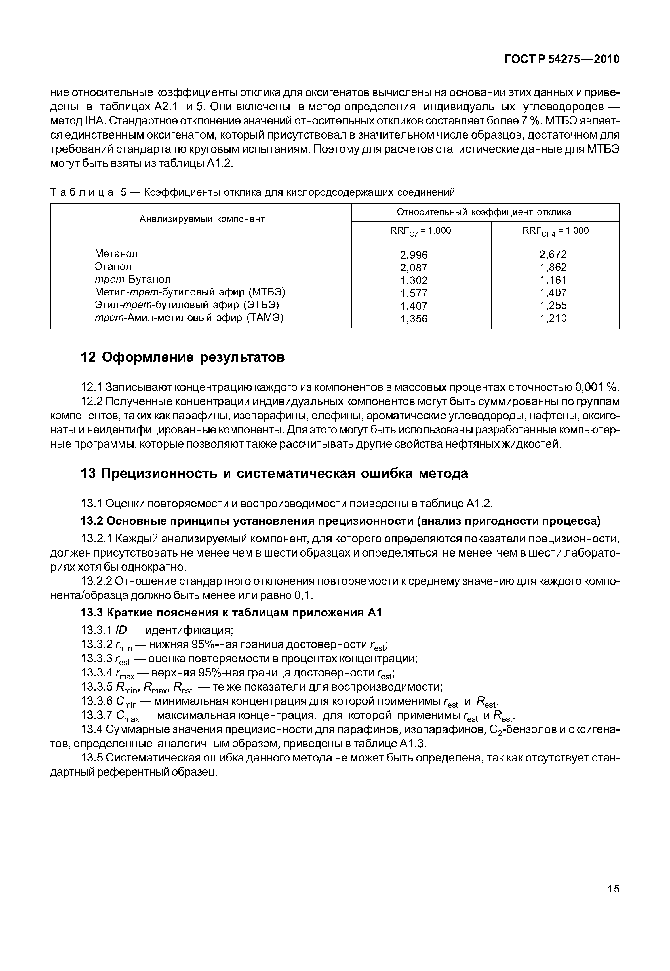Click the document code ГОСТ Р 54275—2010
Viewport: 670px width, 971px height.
[x=561, y=59]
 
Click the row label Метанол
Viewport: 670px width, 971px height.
[x=116, y=254]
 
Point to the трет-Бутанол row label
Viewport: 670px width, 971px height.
[x=133, y=280]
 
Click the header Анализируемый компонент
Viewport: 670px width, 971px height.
[x=202, y=219]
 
